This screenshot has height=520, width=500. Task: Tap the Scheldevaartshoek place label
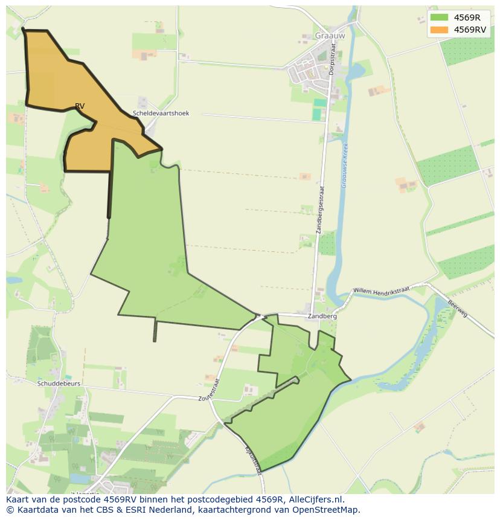tap(161, 113)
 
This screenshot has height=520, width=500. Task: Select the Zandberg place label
tap(322, 316)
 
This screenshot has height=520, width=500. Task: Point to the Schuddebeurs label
tap(59, 384)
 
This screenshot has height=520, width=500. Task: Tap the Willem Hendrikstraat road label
tap(381, 290)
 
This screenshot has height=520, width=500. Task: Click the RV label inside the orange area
tap(80, 106)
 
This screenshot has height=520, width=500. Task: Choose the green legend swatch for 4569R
tap(440, 18)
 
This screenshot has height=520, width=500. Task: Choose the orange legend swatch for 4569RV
tap(440, 30)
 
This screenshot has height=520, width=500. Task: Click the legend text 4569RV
tap(470, 30)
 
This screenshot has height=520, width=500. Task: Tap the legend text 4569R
tap(467, 18)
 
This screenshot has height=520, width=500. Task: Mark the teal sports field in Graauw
tap(318, 112)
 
